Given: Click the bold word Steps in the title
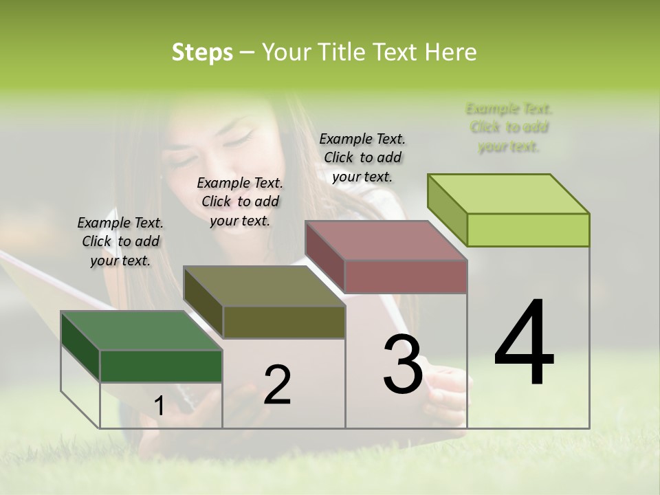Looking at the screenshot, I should tap(202, 52).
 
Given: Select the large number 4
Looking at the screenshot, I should tap(524, 343).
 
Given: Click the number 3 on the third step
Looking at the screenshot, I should tap(403, 364).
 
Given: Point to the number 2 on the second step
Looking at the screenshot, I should tap(277, 384).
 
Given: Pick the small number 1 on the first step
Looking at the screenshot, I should tap(159, 406).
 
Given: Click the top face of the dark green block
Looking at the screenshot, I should tap(141, 331).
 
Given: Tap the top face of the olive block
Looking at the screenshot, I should tap(264, 286).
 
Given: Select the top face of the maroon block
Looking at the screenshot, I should tap(386, 241).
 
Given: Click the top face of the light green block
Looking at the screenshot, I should tap(509, 194).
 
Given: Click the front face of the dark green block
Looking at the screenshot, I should tap(161, 366).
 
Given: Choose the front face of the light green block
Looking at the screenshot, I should tap(528, 230).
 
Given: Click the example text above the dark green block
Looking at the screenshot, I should tap(120, 241).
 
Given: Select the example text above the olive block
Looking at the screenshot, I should tap(240, 201).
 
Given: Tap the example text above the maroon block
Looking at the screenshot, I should tap(362, 157).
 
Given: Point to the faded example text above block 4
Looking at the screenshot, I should tap(509, 127).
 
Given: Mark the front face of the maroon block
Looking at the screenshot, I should tap(406, 276).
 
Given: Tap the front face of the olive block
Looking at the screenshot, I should tap(284, 322).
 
